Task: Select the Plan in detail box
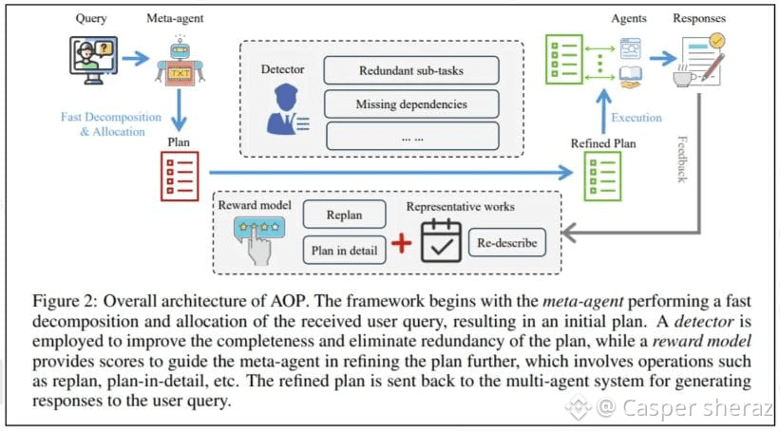coord(344,251)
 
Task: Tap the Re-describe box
coord(507,242)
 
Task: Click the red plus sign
coord(402,243)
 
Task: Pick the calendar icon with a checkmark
coord(440,241)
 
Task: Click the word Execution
coord(636,119)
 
